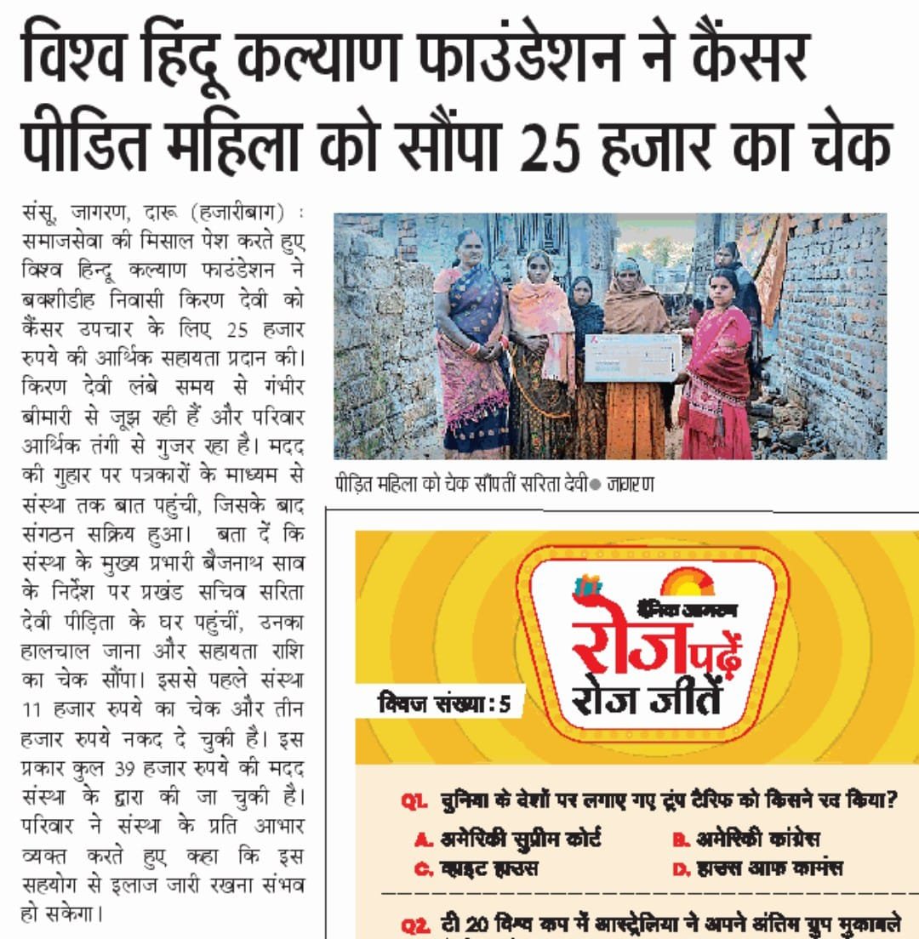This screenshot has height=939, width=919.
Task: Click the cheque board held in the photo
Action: coord(632,357)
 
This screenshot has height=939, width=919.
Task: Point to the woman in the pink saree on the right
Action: coord(719,366)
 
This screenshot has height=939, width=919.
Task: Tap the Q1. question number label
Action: coord(414,801)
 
